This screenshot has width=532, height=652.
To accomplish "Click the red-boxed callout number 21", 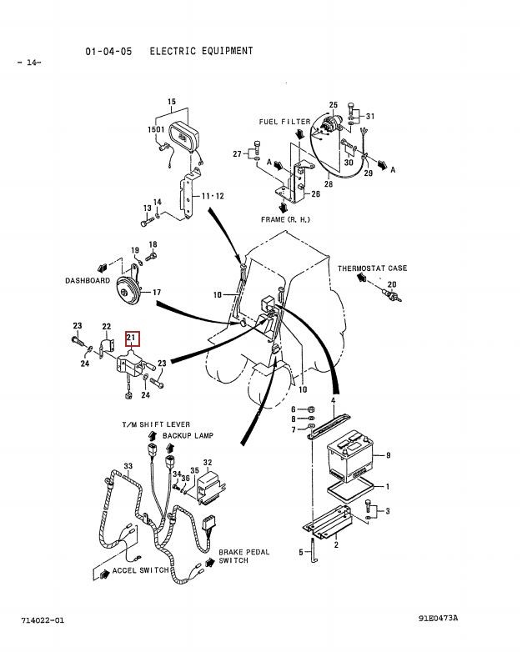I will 133,338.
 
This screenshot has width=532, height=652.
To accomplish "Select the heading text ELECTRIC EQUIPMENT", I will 201,51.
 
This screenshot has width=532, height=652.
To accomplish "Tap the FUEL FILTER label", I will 284,122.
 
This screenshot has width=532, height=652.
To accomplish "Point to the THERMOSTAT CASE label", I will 373,268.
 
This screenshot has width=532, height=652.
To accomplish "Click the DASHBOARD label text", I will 88,281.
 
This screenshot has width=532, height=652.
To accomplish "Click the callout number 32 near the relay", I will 208,462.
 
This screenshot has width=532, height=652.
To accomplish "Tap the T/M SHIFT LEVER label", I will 156,425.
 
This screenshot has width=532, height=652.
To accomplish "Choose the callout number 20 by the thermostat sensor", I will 392,286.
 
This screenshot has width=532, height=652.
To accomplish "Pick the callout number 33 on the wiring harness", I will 128,466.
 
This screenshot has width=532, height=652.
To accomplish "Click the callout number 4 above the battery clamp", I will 334,400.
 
